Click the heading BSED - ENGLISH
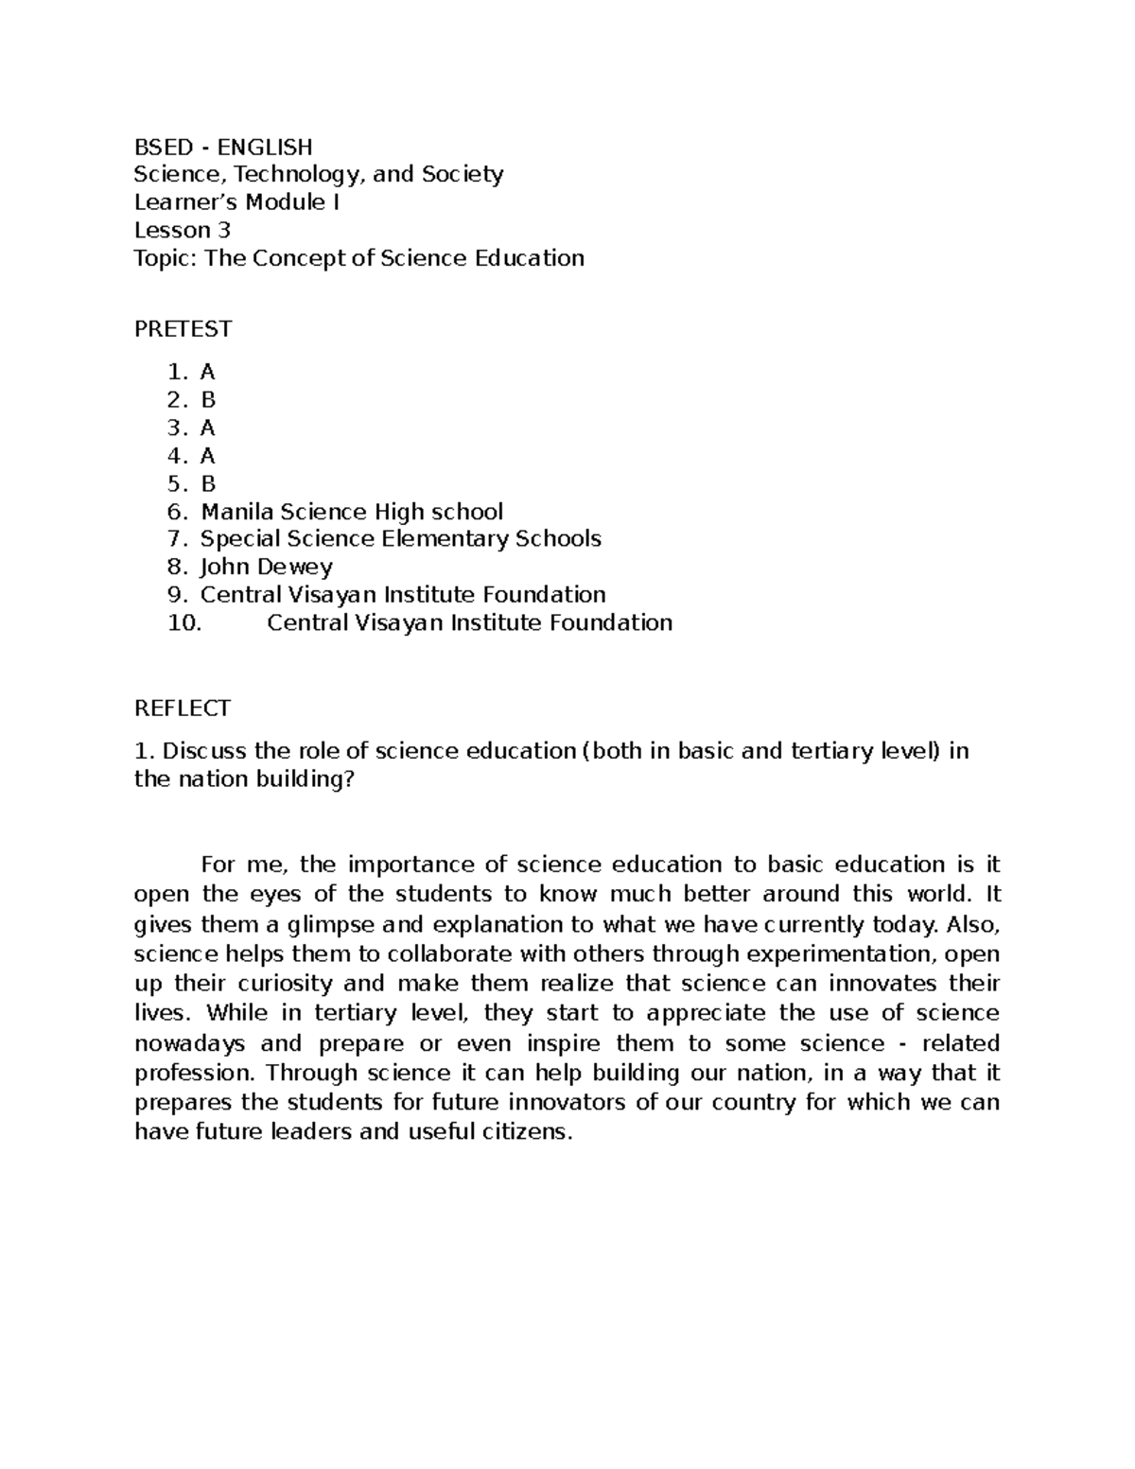coord(222,147)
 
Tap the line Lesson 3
coord(182,230)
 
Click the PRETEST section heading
coord(183,328)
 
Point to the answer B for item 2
coord(208,400)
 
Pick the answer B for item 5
coord(208,484)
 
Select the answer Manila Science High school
coord(351,512)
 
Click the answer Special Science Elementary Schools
coord(400,539)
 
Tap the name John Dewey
coord(266,568)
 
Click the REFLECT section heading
coord(183,708)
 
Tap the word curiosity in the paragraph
coord(281,983)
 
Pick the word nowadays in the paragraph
coord(190,1043)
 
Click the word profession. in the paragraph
coord(195,1073)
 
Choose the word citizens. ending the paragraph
coord(525,1131)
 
